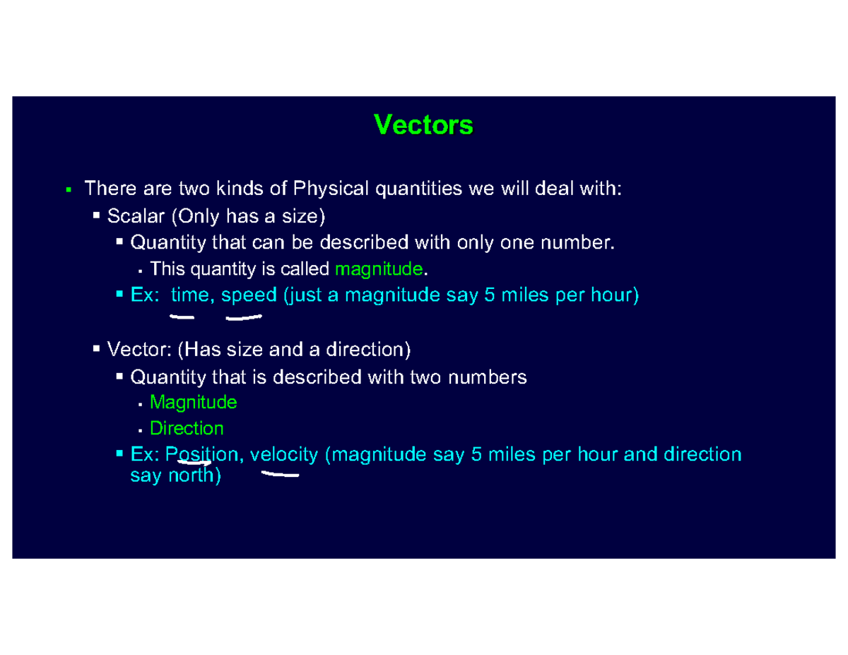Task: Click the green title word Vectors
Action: point(423,125)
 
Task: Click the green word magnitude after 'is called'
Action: point(380,269)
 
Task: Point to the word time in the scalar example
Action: point(189,295)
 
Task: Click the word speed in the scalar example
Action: point(249,295)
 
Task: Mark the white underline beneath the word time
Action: point(182,317)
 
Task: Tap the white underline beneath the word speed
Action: point(244,318)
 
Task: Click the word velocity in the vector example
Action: point(283,454)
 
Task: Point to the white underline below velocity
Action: point(280,476)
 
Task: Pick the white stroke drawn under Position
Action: point(195,464)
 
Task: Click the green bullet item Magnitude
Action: point(193,403)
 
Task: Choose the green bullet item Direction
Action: point(187,428)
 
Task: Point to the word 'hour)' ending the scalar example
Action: point(616,295)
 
